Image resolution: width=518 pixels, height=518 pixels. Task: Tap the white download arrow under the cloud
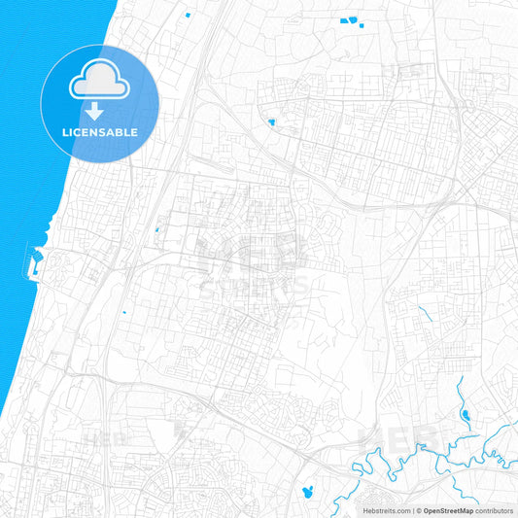pyautogui.click(x=99, y=109)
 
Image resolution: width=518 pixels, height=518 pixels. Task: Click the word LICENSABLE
pyautogui.click(x=100, y=132)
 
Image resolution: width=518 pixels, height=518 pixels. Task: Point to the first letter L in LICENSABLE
pyautogui.click(x=64, y=132)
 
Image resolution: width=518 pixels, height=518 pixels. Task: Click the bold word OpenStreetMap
pyautogui.click(x=448, y=510)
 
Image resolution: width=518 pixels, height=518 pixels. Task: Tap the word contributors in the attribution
pyautogui.click(x=495, y=510)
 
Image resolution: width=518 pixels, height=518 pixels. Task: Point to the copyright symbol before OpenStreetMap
pyautogui.click(x=418, y=510)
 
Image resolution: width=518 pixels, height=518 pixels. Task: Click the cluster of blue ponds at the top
pyautogui.click(x=348, y=21)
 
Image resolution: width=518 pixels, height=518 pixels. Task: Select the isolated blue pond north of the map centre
pyautogui.click(x=271, y=122)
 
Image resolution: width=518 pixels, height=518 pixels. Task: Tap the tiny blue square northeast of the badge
pyautogui.click(x=186, y=17)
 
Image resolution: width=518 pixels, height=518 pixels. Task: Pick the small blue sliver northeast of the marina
pyautogui.click(x=155, y=230)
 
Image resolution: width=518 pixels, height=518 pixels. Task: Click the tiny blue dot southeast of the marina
pyautogui.click(x=124, y=312)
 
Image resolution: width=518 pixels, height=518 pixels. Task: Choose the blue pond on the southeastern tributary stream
pyautogui.click(x=466, y=417)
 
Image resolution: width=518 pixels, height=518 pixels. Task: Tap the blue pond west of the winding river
pyautogui.click(x=310, y=489)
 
